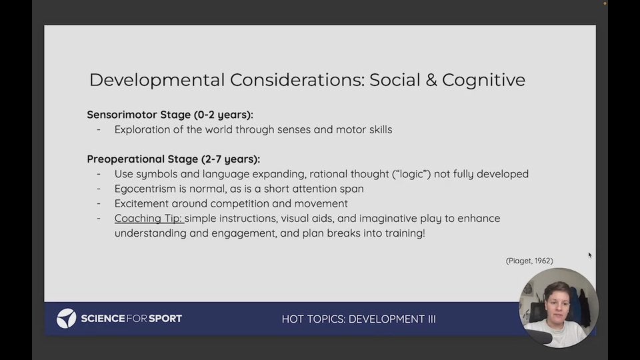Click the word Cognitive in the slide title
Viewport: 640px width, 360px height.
[483, 81]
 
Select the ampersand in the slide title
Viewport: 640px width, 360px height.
[431, 80]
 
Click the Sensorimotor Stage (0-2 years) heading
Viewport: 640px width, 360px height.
[170, 115]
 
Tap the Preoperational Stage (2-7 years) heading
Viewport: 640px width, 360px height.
[173, 159]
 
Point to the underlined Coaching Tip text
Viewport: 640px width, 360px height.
[149, 219]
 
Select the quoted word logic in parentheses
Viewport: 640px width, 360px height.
[413, 174]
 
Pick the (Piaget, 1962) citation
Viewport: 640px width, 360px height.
[529, 261]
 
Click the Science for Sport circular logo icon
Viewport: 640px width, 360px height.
[66, 319]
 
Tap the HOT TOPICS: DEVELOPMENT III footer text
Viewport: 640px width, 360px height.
[359, 319]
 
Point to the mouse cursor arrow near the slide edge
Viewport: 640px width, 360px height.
[589, 255]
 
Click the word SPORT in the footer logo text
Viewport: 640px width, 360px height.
[165, 319]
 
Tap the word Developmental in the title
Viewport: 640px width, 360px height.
[157, 81]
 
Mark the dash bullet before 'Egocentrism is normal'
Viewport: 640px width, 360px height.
[99, 189]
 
